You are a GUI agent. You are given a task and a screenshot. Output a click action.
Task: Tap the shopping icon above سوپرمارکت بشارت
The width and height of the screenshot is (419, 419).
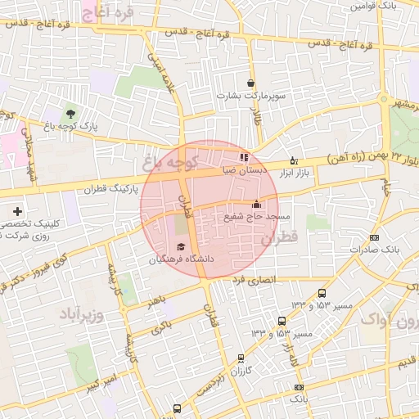pos(250,83)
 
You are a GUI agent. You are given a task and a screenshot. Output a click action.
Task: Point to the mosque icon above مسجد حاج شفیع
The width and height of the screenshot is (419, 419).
pos(257,204)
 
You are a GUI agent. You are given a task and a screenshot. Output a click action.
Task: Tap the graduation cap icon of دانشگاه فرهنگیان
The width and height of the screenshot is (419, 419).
pos(181,246)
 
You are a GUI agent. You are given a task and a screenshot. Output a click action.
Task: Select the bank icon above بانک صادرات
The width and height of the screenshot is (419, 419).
pos(374,237)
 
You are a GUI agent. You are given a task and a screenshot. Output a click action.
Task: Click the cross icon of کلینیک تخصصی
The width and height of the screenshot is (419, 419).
pos(17,211)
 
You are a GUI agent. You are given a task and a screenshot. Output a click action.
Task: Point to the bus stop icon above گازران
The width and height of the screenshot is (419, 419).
pos(240,358)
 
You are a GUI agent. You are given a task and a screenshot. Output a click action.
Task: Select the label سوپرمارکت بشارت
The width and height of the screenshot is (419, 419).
pos(251,96)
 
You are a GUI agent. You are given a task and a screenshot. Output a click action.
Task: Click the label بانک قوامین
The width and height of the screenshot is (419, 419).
pos(373,5)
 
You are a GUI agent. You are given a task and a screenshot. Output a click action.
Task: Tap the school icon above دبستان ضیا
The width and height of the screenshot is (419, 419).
pos(243,157)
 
